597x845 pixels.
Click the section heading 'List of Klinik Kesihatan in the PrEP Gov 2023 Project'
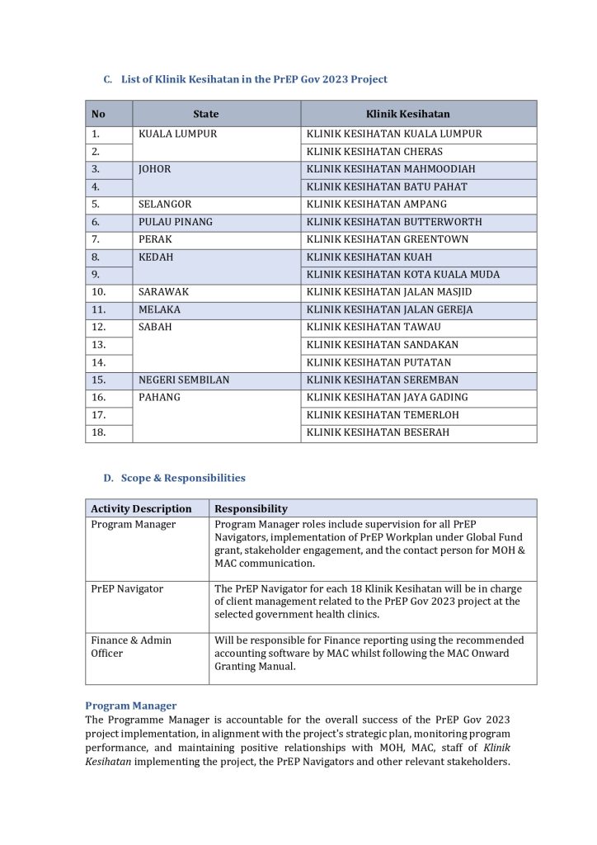tap(254, 79)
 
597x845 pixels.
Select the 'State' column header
tap(206, 114)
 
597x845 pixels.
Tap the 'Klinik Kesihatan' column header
tap(407, 114)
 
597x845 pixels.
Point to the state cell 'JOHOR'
tap(155, 169)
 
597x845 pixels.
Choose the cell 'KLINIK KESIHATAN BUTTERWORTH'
tap(394, 222)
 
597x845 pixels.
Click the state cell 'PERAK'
tap(155, 239)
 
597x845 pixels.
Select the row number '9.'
tap(96, 275)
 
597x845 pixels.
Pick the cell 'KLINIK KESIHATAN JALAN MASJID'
tap(389, 292)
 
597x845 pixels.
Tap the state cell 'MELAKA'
tap(160, 309)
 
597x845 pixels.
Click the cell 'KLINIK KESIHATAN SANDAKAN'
tap(383, 345)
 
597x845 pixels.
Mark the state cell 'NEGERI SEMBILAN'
tap(184, 380)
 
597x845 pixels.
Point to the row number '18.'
tap(99, 432)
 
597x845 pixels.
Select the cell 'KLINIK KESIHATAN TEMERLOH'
tap(383, 415)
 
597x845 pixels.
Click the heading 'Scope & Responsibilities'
tap(183, 478)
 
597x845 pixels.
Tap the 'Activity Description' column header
tap(141, 508)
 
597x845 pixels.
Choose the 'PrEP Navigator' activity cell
tap(127, 589)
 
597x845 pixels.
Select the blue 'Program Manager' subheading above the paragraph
tap(130, 706)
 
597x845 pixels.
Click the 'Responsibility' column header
tap(251, 508)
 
